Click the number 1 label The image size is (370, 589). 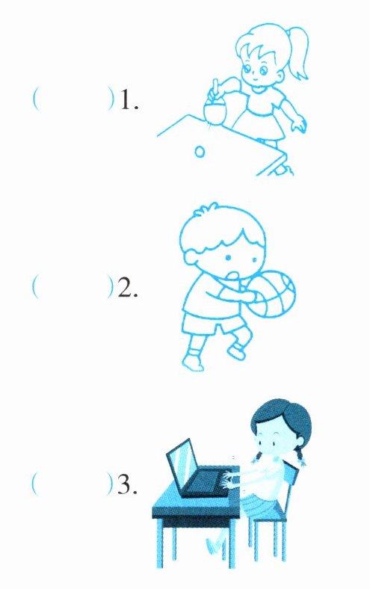tap(129, 101)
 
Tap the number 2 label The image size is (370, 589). tap(128, 289)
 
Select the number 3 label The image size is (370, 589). tap(127, 485)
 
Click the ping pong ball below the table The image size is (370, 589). tap(200, 152)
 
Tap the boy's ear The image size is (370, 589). tap(190, 260)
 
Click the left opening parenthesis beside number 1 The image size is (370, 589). tap(35, 99)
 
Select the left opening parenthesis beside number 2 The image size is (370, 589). tap(35, 286)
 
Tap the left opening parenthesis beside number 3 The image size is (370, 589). tap(34, 483)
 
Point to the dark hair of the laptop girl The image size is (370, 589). tap(282, 418)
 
